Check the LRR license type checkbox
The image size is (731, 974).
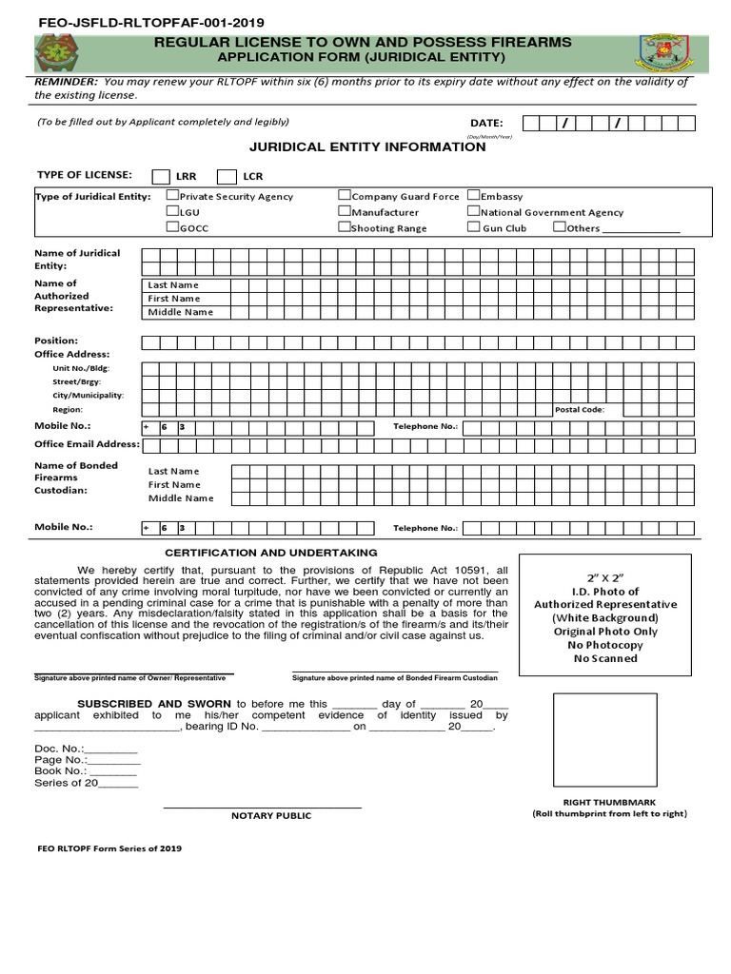click(161, 176)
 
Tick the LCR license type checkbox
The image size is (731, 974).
click(227, 176)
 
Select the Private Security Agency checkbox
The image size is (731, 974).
click(172, 196)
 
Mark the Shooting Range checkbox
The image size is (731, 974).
click(345, 227)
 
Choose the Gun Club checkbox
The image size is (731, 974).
click(473, 227)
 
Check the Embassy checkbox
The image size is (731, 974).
click(473, 196)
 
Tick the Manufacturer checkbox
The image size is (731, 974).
click(345, 212)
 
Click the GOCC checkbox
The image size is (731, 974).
click(172, 227)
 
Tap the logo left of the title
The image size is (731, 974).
click(65, 53)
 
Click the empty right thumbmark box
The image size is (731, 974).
click(605, 741)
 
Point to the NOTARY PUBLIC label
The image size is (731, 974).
click(271, 815)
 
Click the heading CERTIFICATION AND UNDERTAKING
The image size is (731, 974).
click(271, 553)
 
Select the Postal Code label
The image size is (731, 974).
click(580, 410)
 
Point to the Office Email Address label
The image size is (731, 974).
click(87, 444)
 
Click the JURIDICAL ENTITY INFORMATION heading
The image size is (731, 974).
click(367, 147)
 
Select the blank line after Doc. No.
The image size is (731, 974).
click(110, 750)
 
